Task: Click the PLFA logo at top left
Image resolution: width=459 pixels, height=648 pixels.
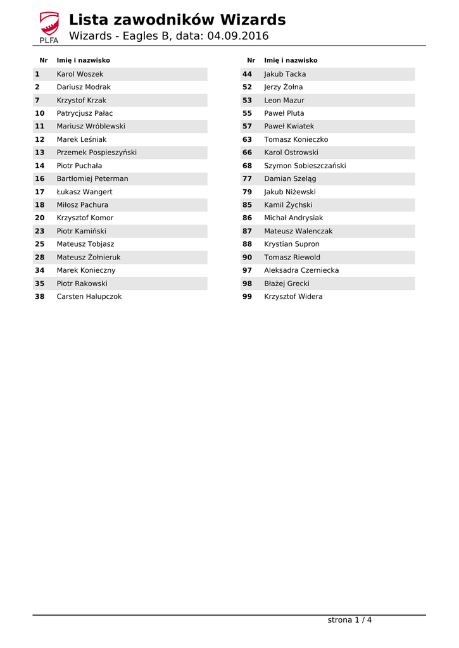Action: click(49, 27)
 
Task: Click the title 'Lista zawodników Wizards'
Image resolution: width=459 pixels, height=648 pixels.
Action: click(177, 20)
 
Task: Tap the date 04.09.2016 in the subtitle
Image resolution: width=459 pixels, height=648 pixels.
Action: click(238, 36)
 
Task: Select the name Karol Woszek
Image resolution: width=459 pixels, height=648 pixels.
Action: click(80, 74)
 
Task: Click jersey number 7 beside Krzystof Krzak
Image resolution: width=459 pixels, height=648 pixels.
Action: click(37, 100)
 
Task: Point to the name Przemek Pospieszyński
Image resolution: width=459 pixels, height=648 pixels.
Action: click(96, 153)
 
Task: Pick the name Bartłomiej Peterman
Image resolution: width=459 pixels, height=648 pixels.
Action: click(92, 178)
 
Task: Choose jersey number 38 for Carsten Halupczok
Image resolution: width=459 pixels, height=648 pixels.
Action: click(40, 296)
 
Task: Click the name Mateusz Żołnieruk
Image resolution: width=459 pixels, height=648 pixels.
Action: click(89, 257)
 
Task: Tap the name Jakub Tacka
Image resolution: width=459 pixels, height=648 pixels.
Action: click(285, 74)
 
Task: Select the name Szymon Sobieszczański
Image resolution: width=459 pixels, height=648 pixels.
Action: click(305, 166)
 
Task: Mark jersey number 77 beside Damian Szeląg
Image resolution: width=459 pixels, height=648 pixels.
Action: click(247, 178)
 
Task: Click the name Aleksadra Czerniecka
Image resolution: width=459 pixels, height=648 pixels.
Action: click(301, 270)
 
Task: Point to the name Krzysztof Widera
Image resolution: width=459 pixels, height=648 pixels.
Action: click(293, 296)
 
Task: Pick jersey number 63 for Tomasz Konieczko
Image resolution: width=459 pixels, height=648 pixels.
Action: click(247, 139)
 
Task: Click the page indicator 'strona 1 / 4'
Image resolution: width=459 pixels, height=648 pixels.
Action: click(349, 620)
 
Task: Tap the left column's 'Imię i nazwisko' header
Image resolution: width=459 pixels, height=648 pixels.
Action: click(84, 61)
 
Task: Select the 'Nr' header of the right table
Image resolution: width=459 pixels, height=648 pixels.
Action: click(251, 61)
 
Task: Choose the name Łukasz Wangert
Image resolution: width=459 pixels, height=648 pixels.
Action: click(85, 192)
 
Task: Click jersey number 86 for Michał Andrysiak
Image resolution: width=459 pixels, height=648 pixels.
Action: click(247, 218)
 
